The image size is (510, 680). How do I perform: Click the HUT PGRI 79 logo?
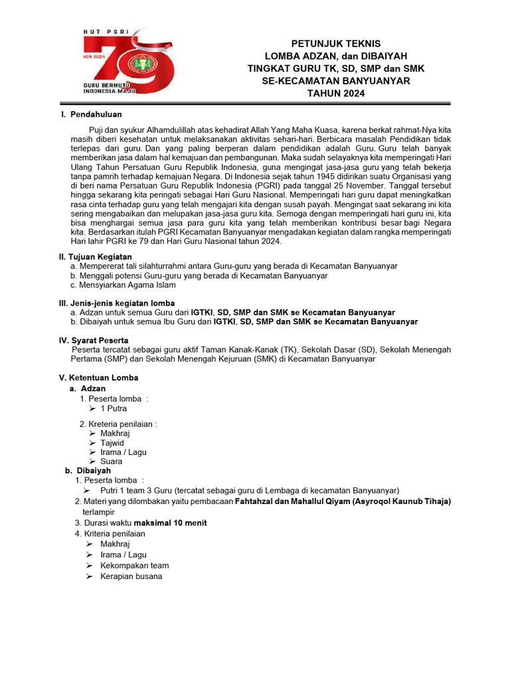[x=127, y=64]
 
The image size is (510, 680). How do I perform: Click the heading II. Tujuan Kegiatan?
[x=96, y=256]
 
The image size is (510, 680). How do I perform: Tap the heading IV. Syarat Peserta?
[x=94, y=340]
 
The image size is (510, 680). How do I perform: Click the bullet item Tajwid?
[x=112, y=443]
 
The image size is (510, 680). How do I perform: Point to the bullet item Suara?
[x=112, y=462]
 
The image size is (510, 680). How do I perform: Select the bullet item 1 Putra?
[x=114, y=408]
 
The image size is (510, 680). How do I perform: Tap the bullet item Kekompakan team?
[x=134, y=566]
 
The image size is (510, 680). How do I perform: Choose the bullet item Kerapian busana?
[x=131, y=576]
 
